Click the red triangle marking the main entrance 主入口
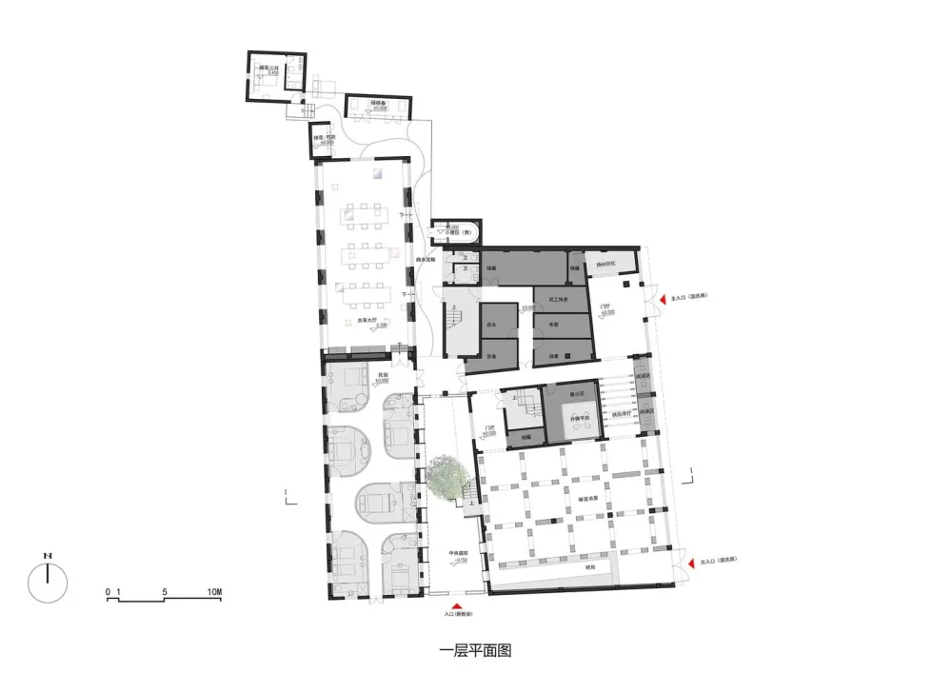click(665, 300)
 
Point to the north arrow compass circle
click(47, 582)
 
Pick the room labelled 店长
click(492, 326)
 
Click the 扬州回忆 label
click(607, 264)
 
